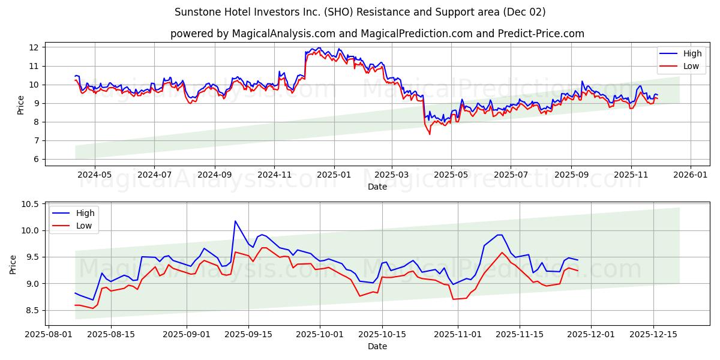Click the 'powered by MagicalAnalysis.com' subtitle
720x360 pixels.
click(377, 34)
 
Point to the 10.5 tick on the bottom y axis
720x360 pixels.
click(30, 205)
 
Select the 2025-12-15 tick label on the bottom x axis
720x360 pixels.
click(653, 334)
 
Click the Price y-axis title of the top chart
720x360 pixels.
click(21, 105)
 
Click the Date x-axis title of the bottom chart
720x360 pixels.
click(377, 346)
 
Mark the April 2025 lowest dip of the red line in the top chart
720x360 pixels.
click(430, 134)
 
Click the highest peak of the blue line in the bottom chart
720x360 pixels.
click(235, 221)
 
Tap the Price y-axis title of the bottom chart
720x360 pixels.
click(14, 264)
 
